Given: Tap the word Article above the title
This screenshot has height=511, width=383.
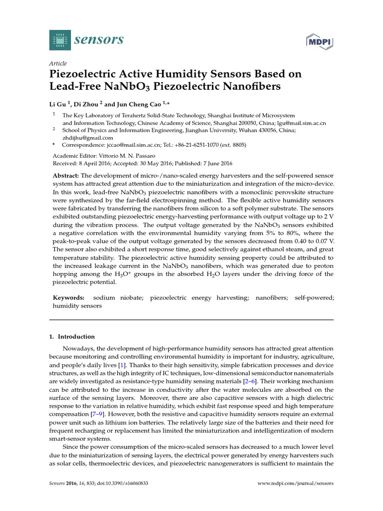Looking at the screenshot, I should (x=58, y=63).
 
